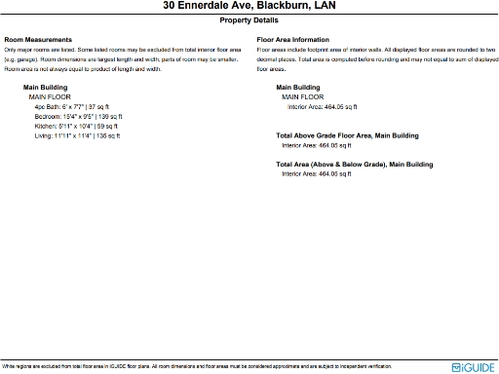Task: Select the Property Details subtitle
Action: [x=249, y=19]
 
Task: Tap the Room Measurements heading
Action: [x=39, y=40]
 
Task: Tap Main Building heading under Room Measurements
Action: [x=45, y=88]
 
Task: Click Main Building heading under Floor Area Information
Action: [x=300, y=88]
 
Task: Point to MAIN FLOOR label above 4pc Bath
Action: [x=51, y=97]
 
